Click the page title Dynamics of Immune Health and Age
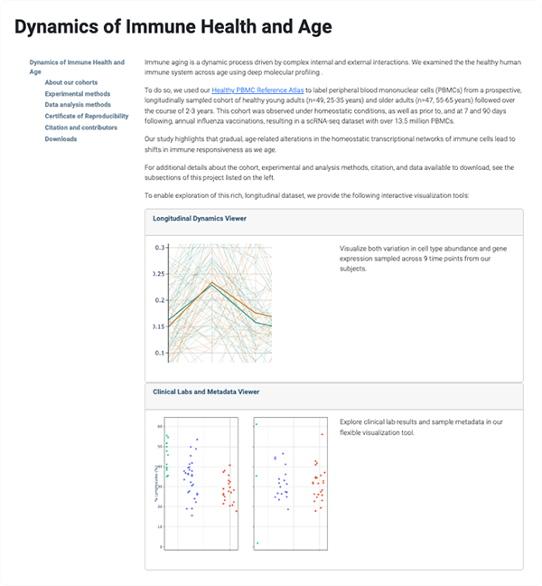tap(173, 27)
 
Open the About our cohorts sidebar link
tap(70, 82)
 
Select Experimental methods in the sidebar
tap(78, 93)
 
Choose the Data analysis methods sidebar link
tap(78, 105)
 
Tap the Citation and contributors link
tap(82, 128)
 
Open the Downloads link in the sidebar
tap(61, 138)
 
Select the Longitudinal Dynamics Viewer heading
tap(200, 219)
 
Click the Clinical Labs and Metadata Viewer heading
tap(206, 392)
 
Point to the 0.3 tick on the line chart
tap(160, 247)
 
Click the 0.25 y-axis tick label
tap(158, 273)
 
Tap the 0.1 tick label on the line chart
tap(160, 353)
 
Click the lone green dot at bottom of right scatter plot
tap(257, 543)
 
